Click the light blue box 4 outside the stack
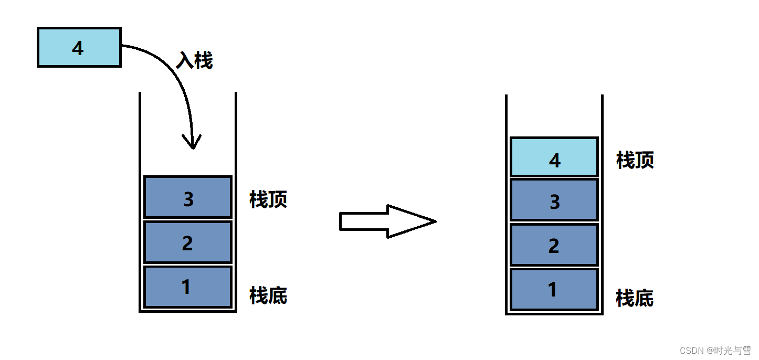[79, 48]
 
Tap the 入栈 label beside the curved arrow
[194, 61]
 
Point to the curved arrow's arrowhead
[193, 143]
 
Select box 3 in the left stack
[188, 197]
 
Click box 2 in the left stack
[188, 242]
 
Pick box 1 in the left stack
[188, 287]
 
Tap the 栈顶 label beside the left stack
[268, 200]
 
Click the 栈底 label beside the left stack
[268, 296]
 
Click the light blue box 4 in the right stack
[554, 157]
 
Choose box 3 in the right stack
[554, 200]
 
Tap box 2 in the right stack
[554, 245]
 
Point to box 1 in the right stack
[554, 290]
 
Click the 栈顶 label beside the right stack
[635, 160]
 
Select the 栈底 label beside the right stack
[635, 298]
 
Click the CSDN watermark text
[715, 350]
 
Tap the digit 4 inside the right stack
[555, 160]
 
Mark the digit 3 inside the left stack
[188, 199]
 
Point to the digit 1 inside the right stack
[552, 290]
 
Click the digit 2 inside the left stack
[187, 243]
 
